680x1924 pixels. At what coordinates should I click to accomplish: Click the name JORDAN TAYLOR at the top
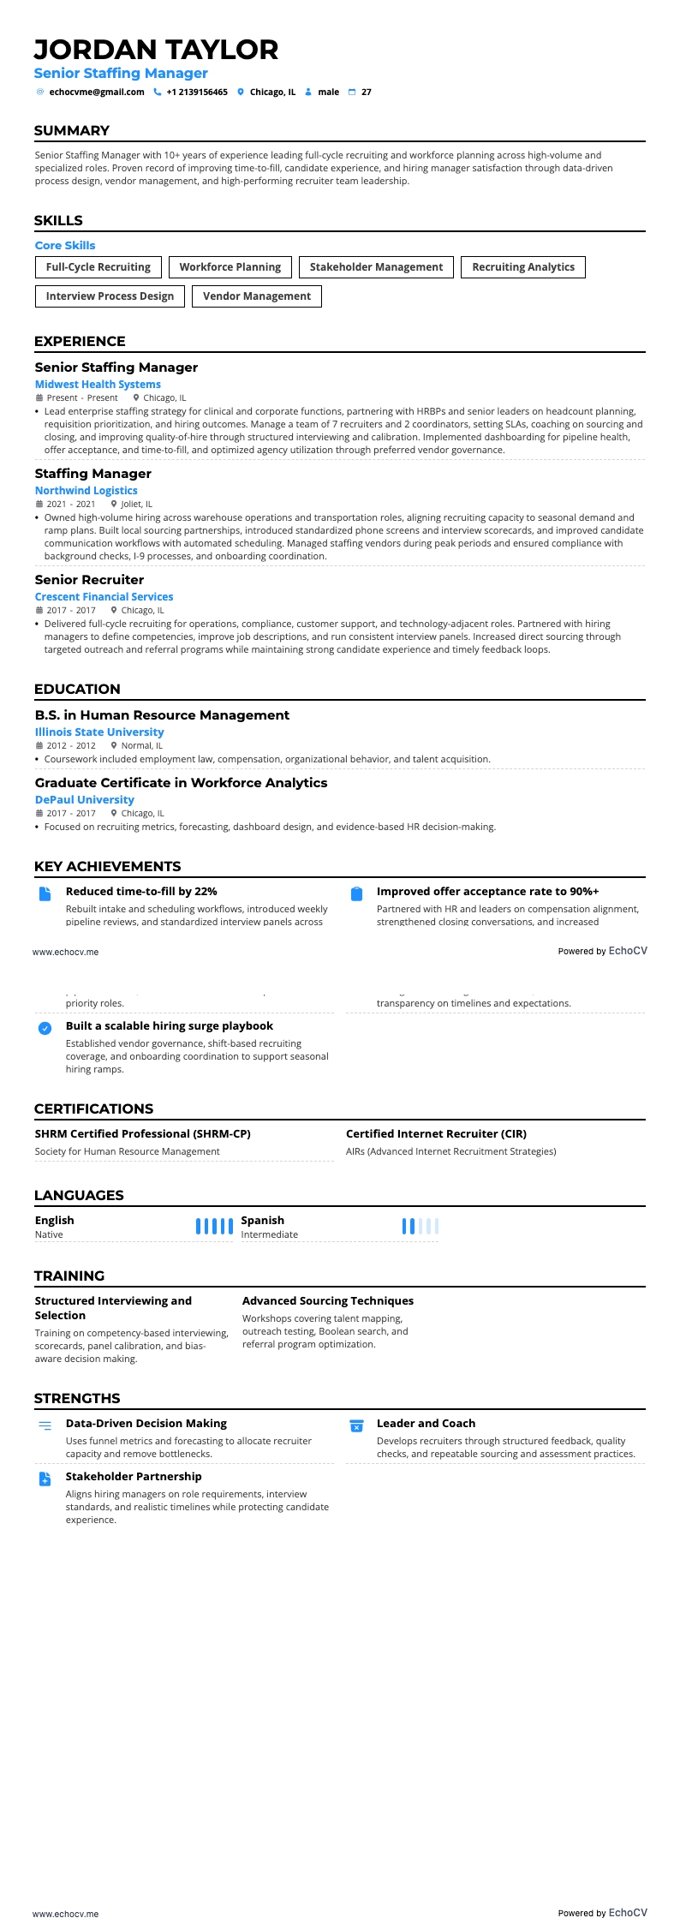[156, 50]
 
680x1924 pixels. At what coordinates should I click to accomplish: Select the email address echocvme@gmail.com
[97, 92]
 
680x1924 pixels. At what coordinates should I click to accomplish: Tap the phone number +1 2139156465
[197, 92]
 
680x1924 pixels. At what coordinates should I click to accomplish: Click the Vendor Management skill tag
[257, 296]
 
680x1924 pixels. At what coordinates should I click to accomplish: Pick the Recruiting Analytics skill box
[523, 267]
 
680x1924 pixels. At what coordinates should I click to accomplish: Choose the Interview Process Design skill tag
[110, 296]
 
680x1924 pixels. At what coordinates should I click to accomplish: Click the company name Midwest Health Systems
[98, 385]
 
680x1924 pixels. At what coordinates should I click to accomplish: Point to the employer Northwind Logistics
[86, 491]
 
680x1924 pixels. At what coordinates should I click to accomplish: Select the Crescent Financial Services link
[104, 597]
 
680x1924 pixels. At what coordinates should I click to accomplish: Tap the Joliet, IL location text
[137, 505]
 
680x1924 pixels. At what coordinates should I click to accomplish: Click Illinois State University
[99, 732]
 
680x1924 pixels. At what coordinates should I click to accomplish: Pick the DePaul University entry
[84, 800]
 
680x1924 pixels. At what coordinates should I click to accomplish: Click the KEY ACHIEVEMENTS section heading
[107, 866]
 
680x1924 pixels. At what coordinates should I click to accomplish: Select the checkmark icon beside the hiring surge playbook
[45, 1028]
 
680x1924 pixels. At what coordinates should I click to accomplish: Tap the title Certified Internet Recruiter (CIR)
[436, 1133]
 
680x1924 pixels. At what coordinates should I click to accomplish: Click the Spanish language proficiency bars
[421, 1226]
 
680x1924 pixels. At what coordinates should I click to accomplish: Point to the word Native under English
[49, 1234]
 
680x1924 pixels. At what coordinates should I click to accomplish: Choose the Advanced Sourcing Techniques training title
[327, 1300]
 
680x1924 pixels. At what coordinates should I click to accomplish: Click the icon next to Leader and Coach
[356, 1426]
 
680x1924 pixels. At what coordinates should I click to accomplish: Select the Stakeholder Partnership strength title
[134, 1476]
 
